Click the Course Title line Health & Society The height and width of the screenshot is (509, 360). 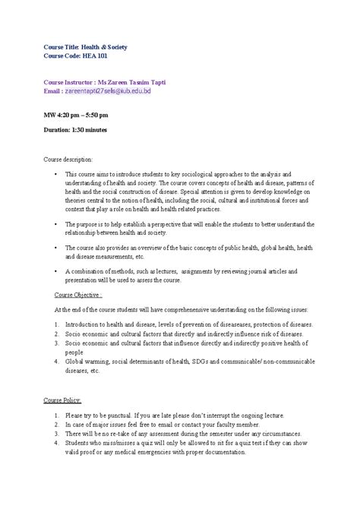click(x=84, y=46)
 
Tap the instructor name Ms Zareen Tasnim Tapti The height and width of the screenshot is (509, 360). click(x=150, y=80)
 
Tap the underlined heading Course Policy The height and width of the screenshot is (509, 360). click(x=68, y=400)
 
